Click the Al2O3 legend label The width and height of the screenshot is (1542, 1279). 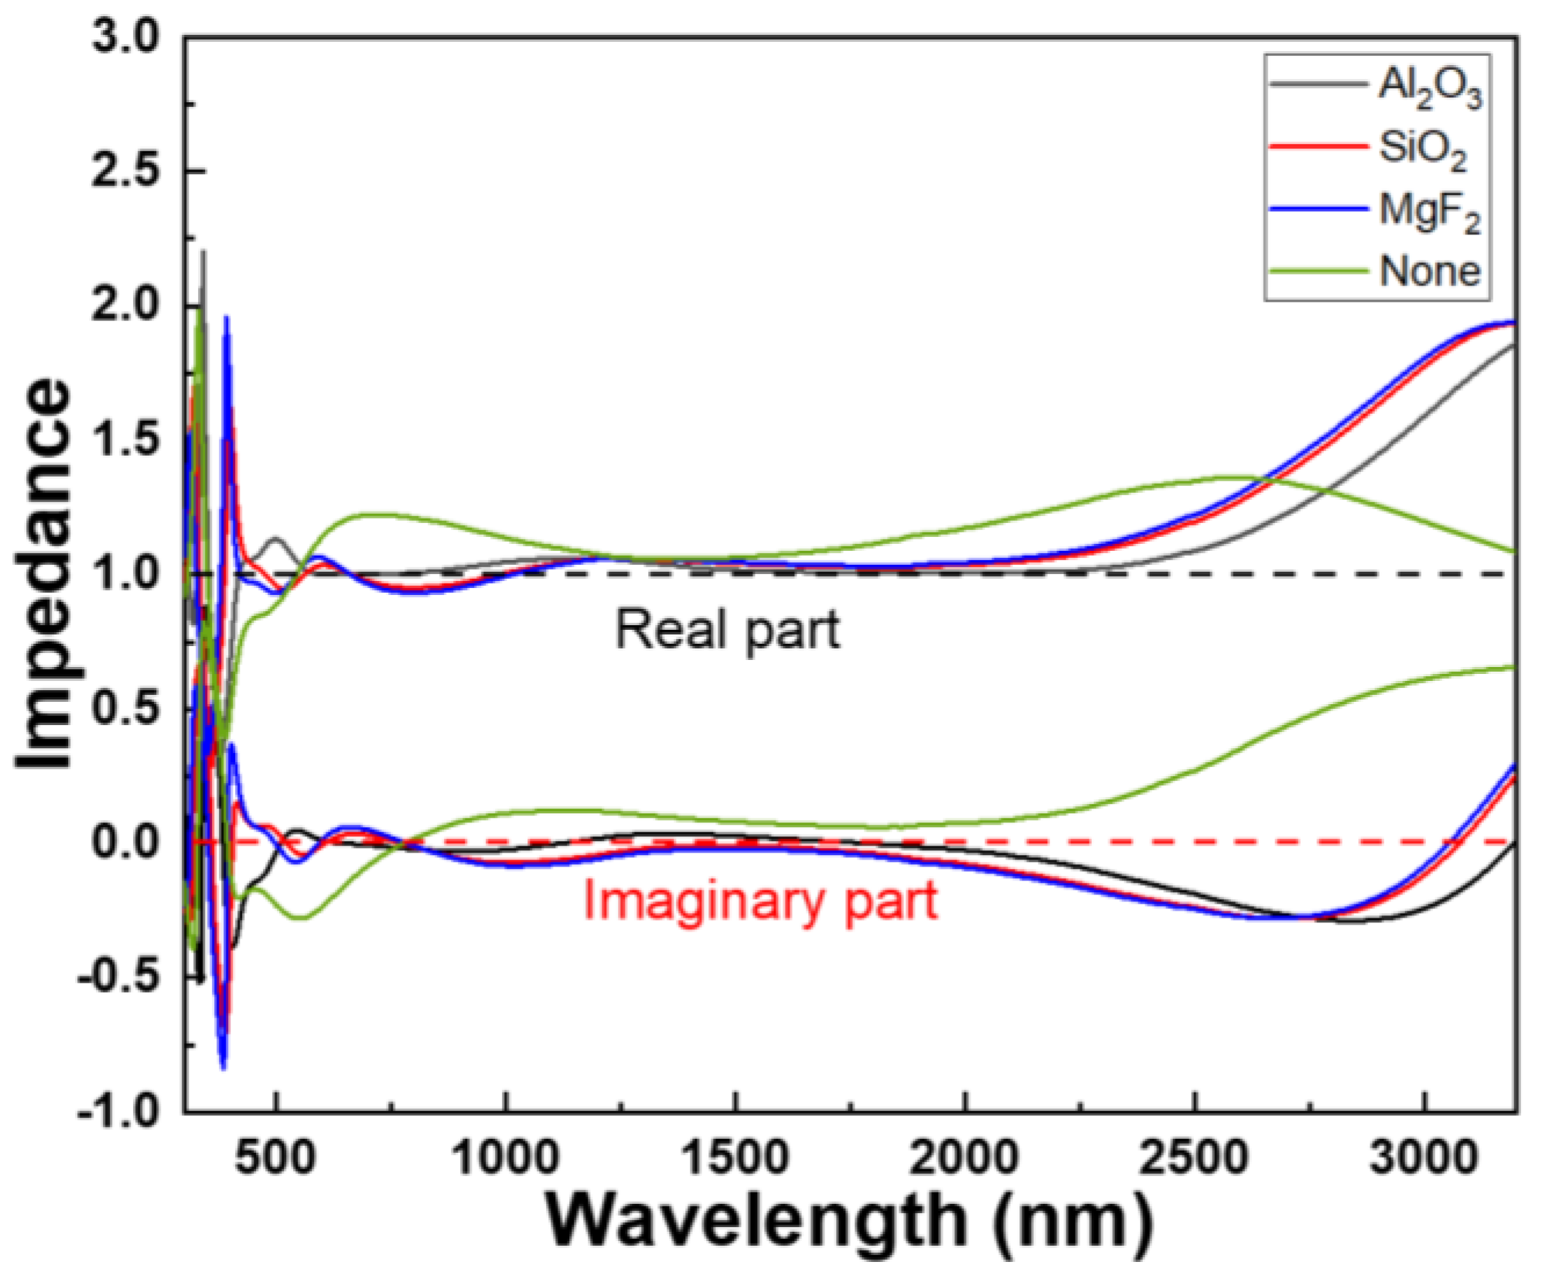1429,87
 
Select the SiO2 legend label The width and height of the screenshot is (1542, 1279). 1422,148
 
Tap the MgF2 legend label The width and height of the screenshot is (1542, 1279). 1429,211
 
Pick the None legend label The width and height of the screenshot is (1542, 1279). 1429,272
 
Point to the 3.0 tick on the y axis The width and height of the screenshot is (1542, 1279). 125,36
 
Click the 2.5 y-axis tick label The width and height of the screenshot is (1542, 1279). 125,171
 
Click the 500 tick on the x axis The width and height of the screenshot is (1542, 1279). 275,1158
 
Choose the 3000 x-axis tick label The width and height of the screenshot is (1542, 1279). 1424,1158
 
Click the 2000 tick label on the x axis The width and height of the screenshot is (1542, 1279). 964,1158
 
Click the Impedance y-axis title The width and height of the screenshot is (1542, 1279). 44,573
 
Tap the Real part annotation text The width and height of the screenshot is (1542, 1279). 727,631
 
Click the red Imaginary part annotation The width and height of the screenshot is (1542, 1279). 760,901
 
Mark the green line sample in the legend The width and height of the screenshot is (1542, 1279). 1318,271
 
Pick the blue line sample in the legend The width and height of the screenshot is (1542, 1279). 1318,209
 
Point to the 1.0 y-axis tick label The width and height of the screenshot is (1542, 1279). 125,574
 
